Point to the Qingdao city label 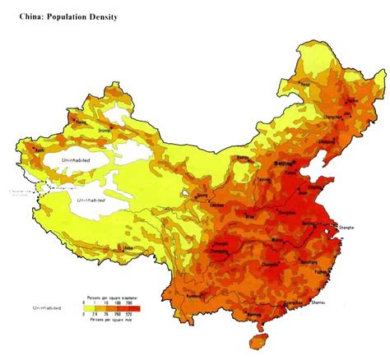316,187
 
